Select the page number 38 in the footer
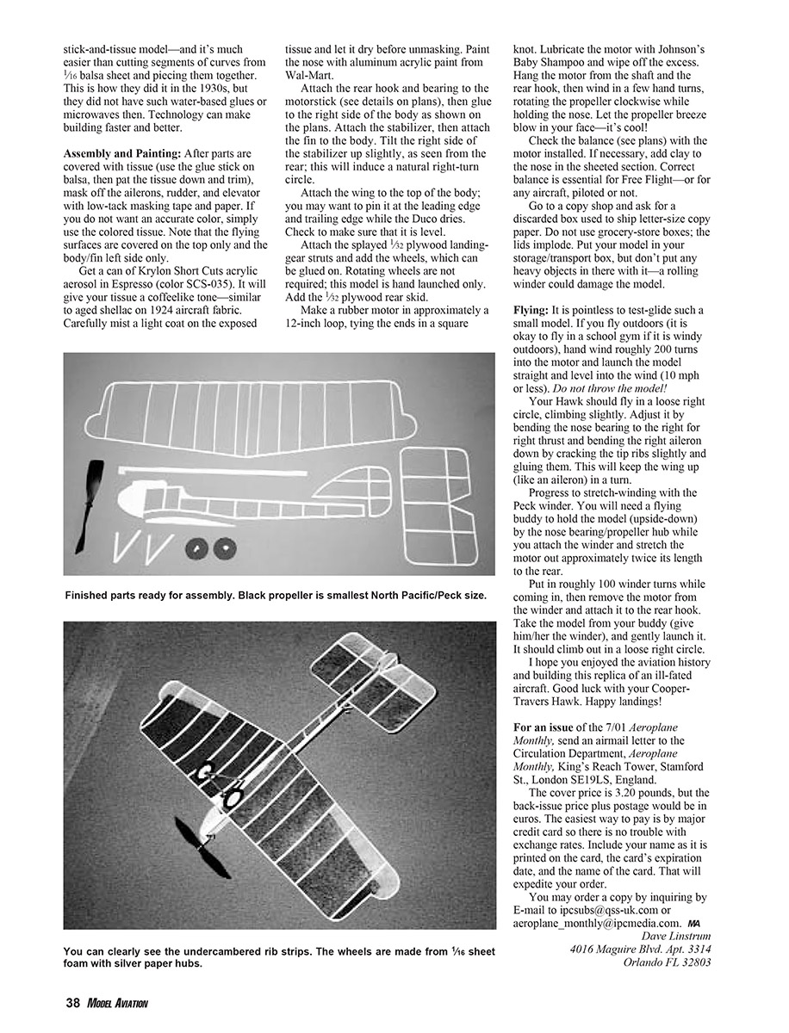tap(72, 1002)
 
